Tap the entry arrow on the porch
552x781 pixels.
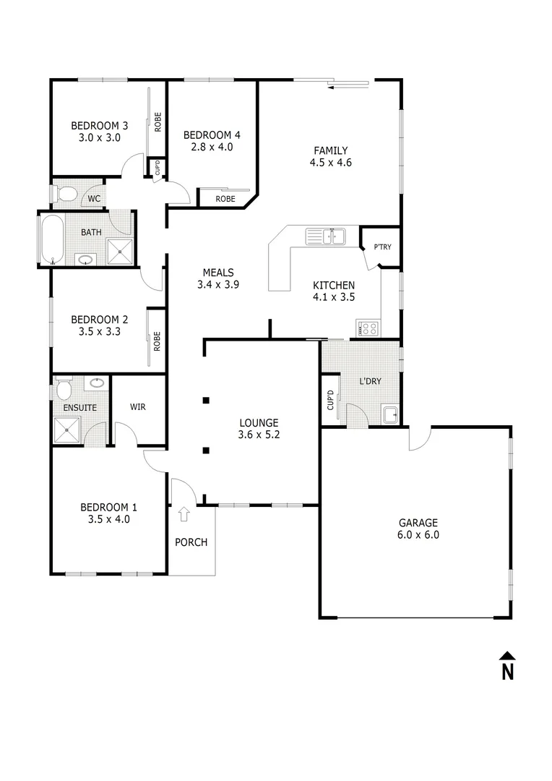(x=184, y=514)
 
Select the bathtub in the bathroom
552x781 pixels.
(x=50, y=239)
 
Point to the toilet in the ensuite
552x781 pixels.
(x=63, y=390)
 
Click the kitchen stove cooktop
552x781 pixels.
(x=368, y=329)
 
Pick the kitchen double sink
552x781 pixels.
(x=325, y=236)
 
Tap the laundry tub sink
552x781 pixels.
(x=390, y=414)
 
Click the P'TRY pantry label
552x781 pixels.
(x=382, y=247)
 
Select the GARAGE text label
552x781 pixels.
(x=418, y=523)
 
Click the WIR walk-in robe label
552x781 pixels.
(x=137, y=407)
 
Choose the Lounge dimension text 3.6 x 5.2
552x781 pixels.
(x=259, y=435)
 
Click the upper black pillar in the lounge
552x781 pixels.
(x=206, y=400)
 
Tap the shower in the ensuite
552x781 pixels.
(x=69, y=431)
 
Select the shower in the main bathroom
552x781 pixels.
(x=120, y=252)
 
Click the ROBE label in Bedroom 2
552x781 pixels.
(x=157, y=341)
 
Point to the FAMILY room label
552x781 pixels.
(x=330, y=150)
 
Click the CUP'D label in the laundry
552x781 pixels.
(x=330, y=401)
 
